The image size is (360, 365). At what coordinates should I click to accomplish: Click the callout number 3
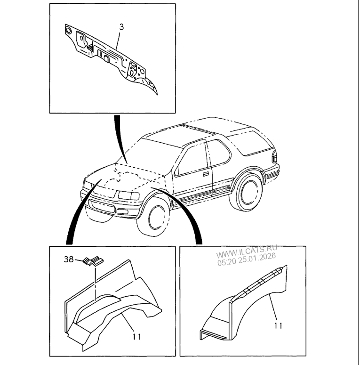click(121, 27)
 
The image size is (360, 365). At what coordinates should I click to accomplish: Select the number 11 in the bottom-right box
click(278, 325)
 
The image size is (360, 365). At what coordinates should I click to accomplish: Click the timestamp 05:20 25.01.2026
click(247, 259)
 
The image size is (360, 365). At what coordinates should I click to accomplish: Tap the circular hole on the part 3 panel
click(69, 31)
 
